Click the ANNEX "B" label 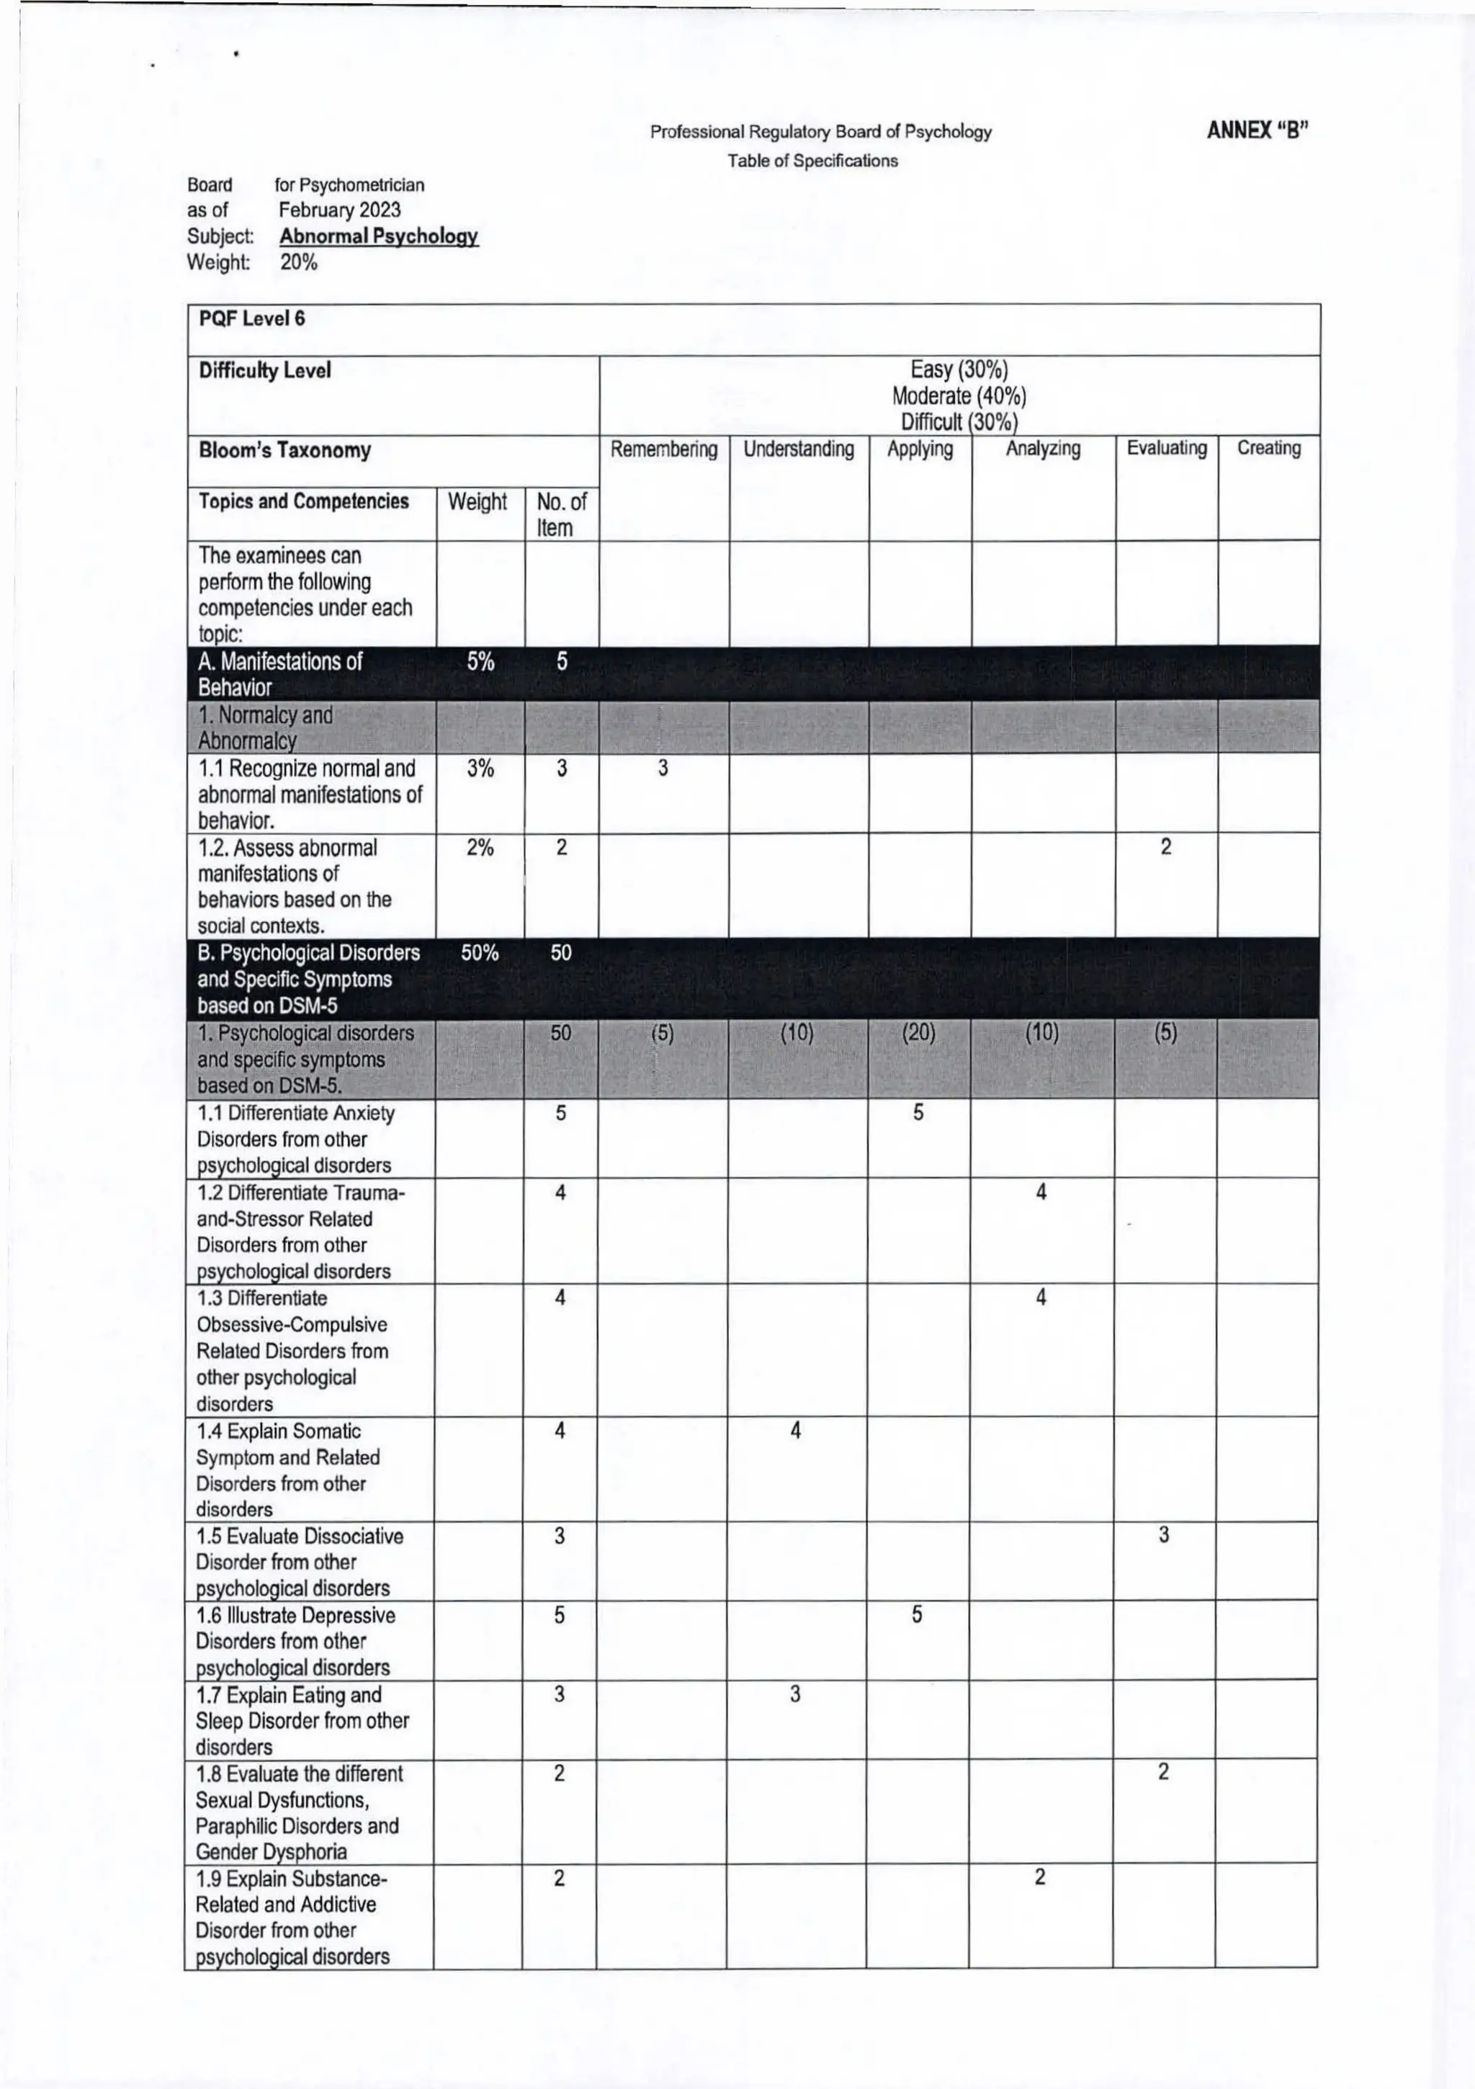(x=1257, y=130)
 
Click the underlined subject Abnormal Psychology (x=379, y=236)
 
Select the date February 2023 (x=339, y=210)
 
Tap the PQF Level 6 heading (x=252, y=318)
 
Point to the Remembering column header (x=663, y=449)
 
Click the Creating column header (x=1268, y=449)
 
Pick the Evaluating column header (x=1167, y=449)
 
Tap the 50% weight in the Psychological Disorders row (x=480, y=952)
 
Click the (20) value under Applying (x=918, y=1033)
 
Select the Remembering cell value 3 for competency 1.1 (x=663, y=769)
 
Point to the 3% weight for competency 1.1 (x=480, y=769)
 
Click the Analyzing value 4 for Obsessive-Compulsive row (x=1041, y=1297)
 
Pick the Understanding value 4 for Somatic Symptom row (x=795, y=1431)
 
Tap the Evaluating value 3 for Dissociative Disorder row (x=1164, y=1536)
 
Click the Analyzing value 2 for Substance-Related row (x=1040, y=1878)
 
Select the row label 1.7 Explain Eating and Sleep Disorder (x=302, y=1720)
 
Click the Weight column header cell (x=478, y=502)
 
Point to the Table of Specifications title (x=812, y=161)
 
